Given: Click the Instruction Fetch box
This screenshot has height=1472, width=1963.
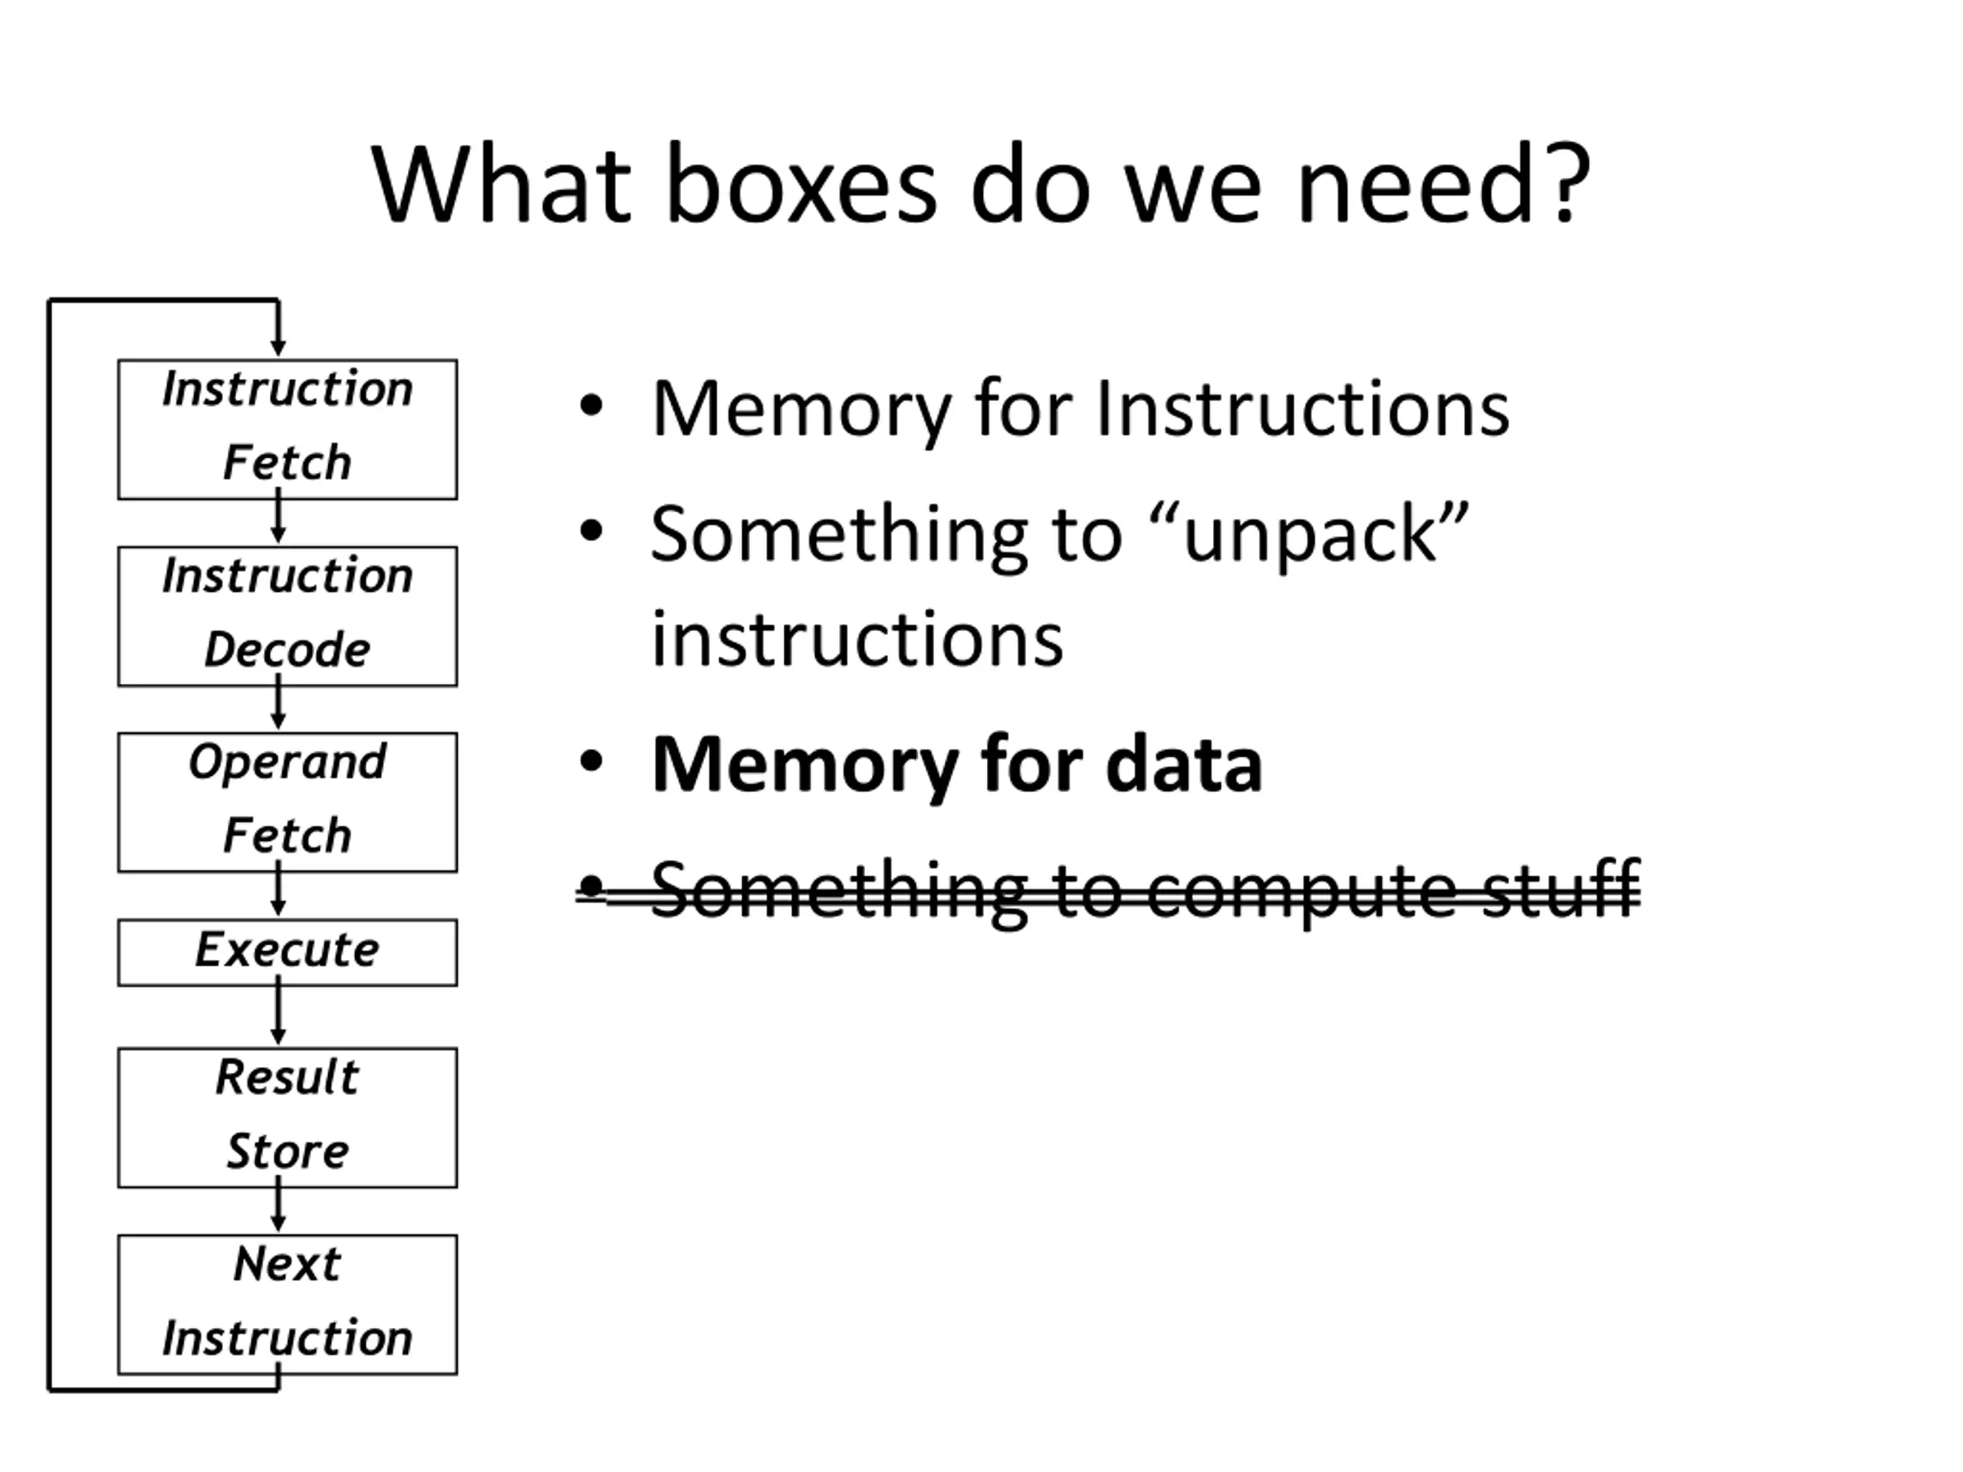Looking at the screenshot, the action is tap(288, 429).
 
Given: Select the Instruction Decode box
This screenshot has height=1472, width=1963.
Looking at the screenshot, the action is tap(288, 616).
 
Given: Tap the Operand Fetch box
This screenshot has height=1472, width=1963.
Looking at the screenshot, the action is tap(288, 803).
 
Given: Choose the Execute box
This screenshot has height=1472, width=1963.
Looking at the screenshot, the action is tap(288, 953).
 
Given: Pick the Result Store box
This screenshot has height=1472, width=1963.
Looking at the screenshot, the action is tap(288, 1118).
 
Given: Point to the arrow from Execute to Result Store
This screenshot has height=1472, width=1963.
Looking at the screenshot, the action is tap(278, 1010).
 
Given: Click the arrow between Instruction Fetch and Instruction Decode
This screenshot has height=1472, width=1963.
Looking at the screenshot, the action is tap(278, 517).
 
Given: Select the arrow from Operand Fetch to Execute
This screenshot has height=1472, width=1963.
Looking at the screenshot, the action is tap(278, 890).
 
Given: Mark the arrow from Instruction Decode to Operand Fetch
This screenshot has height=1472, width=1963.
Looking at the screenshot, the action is tap(278, 703).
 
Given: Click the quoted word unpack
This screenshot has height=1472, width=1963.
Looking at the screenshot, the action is tap(1310, 537).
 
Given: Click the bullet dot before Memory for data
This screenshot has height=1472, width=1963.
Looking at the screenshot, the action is tap(591, 762).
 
